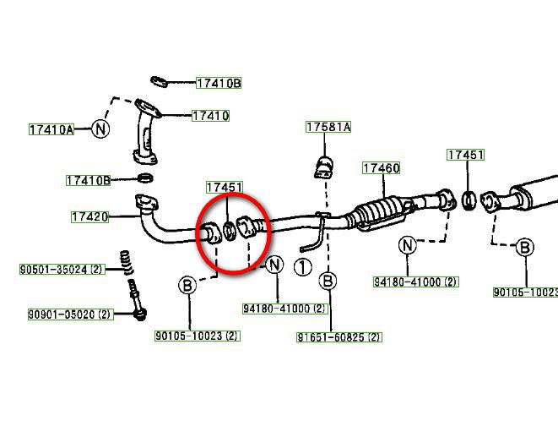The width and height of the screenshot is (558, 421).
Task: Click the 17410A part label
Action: (51, 129)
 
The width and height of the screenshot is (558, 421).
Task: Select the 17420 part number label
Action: (89, 216)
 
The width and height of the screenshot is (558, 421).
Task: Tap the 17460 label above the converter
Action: (381, 168)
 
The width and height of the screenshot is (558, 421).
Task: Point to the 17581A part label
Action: (328, 127)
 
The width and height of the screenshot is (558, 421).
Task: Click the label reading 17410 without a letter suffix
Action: (210, 116)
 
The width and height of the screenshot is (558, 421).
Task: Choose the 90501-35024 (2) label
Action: (62, 269)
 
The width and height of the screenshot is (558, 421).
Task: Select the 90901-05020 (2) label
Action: (70, 314)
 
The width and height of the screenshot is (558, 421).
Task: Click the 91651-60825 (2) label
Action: (339, 336)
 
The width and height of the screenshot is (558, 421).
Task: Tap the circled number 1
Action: (303, 267)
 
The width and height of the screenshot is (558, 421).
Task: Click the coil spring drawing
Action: (125, 262)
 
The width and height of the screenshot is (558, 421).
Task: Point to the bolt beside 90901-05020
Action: (138, 300)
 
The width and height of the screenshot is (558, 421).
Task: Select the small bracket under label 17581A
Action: (324, 167)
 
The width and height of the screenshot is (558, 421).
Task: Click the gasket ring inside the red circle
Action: (230, 231)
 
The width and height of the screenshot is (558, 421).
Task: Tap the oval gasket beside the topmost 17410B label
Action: (159, 82)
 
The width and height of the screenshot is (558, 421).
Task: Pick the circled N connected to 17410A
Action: (100, 128)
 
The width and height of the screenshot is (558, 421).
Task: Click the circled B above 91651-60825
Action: (328, 282)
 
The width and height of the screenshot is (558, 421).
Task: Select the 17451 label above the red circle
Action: (225, 188)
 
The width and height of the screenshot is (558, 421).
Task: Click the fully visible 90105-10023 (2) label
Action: (198, 336)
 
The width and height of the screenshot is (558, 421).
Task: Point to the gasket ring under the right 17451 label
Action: (469, 200)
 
